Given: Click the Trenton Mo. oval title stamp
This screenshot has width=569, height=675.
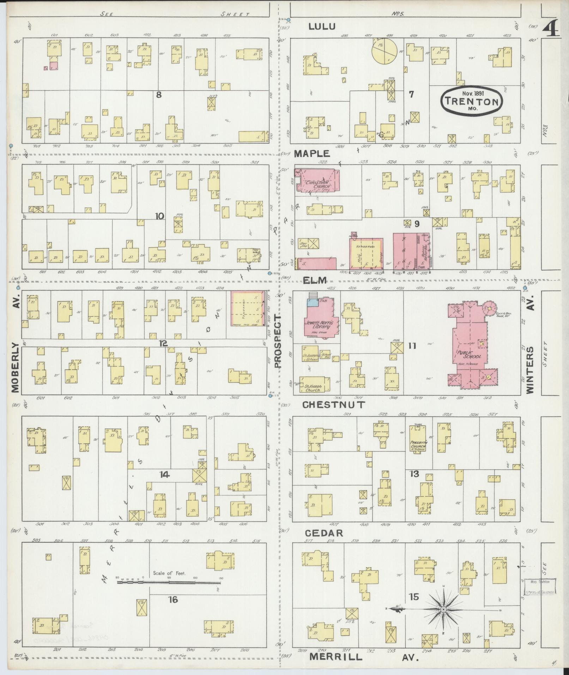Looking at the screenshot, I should [x=471, y=101].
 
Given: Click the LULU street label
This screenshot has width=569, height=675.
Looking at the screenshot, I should [x=322, y=26].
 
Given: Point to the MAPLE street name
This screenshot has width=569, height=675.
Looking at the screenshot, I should [x=312, y=153].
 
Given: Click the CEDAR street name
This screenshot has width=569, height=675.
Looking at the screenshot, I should [x=324, y=533].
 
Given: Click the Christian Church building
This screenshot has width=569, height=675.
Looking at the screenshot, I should [x=317, y=181].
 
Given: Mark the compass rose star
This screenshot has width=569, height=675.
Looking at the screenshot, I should [x=443, y=609].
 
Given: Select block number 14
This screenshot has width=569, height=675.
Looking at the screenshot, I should [x=164, y=475].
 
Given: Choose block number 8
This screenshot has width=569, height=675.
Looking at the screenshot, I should [x=159, y=95].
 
